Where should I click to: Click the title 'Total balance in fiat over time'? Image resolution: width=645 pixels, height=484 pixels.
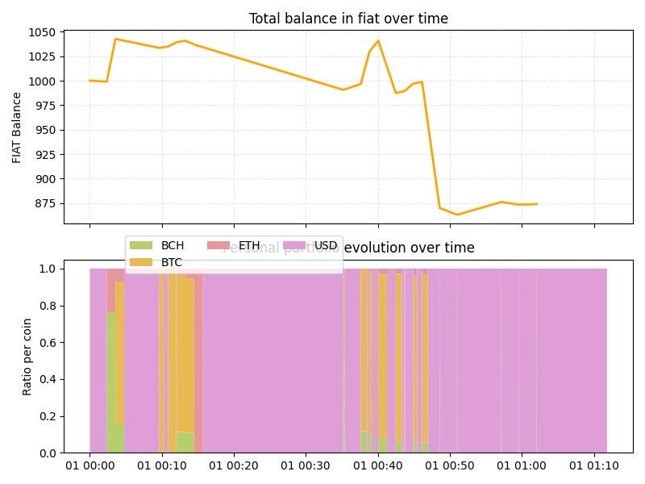click(x=348, y=19)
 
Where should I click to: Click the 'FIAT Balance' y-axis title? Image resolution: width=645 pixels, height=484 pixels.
click(x=17, y=127)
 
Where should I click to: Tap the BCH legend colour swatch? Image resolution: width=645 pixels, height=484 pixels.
click(x=141, y=245)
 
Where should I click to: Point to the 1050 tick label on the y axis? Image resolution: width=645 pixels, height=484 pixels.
click(x=42, y=32)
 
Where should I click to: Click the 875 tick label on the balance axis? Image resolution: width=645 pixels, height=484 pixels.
click(x=45, y=203)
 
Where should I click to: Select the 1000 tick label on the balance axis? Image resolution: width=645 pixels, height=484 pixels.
click(x=42, y=81)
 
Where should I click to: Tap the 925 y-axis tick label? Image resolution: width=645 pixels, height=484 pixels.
click(x=45, y=155)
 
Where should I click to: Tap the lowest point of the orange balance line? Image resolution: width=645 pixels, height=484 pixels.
click(x=457, y=215)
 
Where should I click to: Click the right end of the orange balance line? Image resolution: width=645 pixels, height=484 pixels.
click(x=537, y=204)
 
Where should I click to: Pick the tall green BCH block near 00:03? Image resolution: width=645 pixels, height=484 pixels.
click(x=110, y=379)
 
